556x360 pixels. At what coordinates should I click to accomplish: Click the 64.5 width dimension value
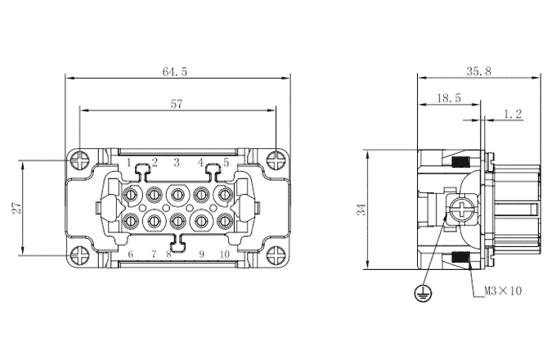point(174,72)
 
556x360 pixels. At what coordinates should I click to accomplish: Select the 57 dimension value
point(177,104)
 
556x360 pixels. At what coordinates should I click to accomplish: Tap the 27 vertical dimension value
point(16,208)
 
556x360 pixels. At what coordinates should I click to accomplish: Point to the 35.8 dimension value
point(478,71)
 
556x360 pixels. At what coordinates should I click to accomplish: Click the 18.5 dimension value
point(449,98)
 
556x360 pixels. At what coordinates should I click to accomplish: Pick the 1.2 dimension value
point(513,114)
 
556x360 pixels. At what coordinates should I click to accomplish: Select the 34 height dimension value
point(361,209)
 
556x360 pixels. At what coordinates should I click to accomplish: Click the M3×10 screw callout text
point(503,291)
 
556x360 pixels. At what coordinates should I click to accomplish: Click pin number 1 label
point(129,163)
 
